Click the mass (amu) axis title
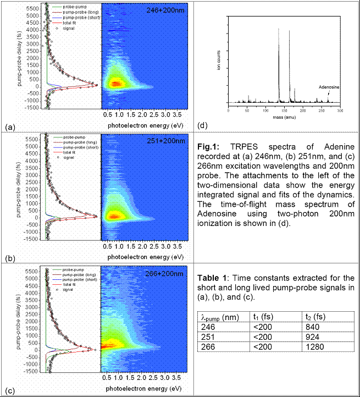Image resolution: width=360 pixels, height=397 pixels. click(284, 117)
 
